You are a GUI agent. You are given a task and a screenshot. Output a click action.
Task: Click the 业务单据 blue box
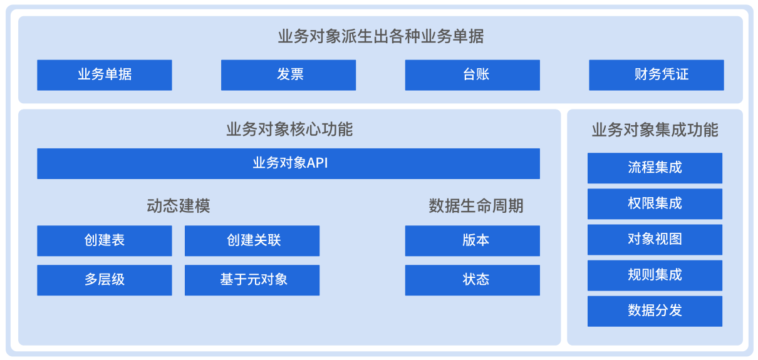pyautogui.click(x=105, y=75)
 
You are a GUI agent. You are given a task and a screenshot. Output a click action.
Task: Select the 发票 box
pyautogui.click(x=288, y=75)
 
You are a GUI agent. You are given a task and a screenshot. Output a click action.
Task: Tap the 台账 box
pyautogui.click(x=472, y=75)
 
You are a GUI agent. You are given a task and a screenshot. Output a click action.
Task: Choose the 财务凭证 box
pyautogui.click(x=657, y=75)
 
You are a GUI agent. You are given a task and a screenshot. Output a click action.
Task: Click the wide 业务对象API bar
pyautogui.click(x=288, y=164)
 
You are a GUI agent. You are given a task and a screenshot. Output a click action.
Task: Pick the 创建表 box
pyautogui.click(x=105, y=241)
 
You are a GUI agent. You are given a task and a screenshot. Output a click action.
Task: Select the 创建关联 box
pyautogui.click(x=252, y=241)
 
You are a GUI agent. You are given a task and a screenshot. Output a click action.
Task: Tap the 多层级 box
pyautogui.click(x=105, y=280)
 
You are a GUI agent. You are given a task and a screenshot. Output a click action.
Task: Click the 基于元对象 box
pyautogui.click(x=252, y=280)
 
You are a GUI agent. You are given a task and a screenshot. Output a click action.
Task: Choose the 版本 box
pyautogui.click(x=472, y=241)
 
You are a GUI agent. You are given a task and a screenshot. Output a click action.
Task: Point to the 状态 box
pyautogui.click(x=472, y=280)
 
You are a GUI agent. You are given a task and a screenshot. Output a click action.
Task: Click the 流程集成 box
pyautogui.click(x=655, y=168)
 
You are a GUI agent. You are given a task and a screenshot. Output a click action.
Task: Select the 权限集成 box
pyautogui.click(x=655, y=204)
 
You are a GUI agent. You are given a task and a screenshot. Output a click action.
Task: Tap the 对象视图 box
pyautogui.click(x=655, y=240)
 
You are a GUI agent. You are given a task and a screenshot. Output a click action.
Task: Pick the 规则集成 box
pyautogui.click(x=655, y=275)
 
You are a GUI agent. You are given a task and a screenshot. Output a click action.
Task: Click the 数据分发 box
pyautogui.click(x=655, y=311)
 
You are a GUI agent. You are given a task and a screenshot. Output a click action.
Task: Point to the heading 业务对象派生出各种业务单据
pyautogui.click(x=381, y=36)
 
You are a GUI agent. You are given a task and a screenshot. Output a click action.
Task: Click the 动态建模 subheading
pyautogui.click(x=179, y=206)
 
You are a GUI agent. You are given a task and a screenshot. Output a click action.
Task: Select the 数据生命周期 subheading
pyautogui.click(x=476, y=206)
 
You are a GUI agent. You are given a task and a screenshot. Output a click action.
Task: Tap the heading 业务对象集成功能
pyautogui.click(x=655, y=130)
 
